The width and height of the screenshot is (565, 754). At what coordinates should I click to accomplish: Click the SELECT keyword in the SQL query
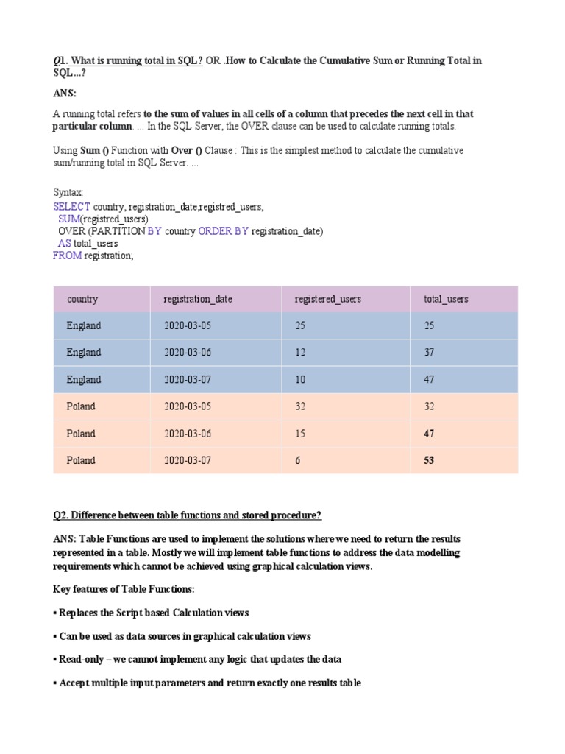(x=71, y=206)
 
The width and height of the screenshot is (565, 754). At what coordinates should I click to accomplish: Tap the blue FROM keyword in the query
(x=67, y=256)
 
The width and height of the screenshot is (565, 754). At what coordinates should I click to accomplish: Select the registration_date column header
(x=198, y=299)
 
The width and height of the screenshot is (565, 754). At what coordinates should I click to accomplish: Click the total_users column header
(x=446, y=299)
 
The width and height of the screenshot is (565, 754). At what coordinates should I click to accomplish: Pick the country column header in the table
(x=82, y=299)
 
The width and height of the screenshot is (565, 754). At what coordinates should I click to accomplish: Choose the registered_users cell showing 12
(x=300, y=353)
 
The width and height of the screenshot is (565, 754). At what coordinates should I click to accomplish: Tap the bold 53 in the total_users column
(x=429, y=460)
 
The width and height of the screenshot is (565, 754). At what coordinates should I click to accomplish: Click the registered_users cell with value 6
(x=297, y=460)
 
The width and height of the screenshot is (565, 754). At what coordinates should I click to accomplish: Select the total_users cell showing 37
(x=429, y=353)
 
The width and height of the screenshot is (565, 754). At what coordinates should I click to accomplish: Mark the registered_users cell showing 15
(x=300, y=434)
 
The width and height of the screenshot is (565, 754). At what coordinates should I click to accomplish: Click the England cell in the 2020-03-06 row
(x=84, y=353)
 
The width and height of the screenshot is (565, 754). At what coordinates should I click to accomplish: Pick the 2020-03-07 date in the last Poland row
(x=187, y=460)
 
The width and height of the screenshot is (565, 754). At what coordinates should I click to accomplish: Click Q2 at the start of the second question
(x=60, y=515)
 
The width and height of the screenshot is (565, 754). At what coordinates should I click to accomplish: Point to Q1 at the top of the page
(x=59, y=60)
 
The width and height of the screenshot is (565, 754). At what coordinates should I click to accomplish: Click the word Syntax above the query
(x=68, y=192)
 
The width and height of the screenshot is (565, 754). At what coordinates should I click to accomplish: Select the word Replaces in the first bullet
(x=79, y=613)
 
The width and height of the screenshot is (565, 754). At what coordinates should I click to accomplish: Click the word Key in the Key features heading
(x=61, y=589)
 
